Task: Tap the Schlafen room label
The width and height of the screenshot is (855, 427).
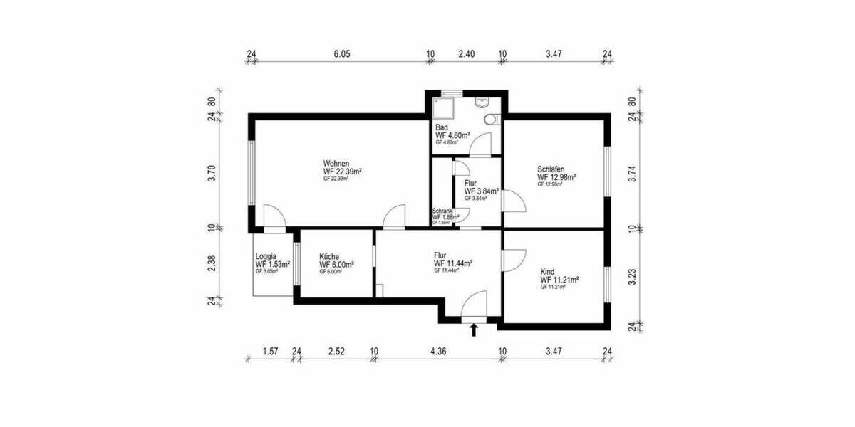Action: pyautogui.click(x=551, y=169)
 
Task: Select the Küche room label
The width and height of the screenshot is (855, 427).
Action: pyautogui.click(x=330, y=256)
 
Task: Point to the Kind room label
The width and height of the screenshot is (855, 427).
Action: pyautogui.click(x=547, y=272)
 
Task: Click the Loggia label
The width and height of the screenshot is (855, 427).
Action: pyautogui.click(x=266, y=256)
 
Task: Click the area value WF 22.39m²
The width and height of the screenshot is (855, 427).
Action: pyautogui.click(x=343, y=172)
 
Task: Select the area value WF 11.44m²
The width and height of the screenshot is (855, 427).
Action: pyautogui.click(x=452, y=263)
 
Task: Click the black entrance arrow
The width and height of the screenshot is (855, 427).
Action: pyautogui.click(x=474, y=329)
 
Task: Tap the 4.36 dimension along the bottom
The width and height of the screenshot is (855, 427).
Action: pyautogui.click(x=437, y=351)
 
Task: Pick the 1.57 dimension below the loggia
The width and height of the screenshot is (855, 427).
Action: pyautogui.click(x=269, y=351)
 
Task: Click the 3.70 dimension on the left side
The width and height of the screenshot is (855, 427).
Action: pyautogui.click(x=212, y=172)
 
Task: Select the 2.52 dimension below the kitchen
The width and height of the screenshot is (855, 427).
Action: pyautogui.click(x=336, y=351)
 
